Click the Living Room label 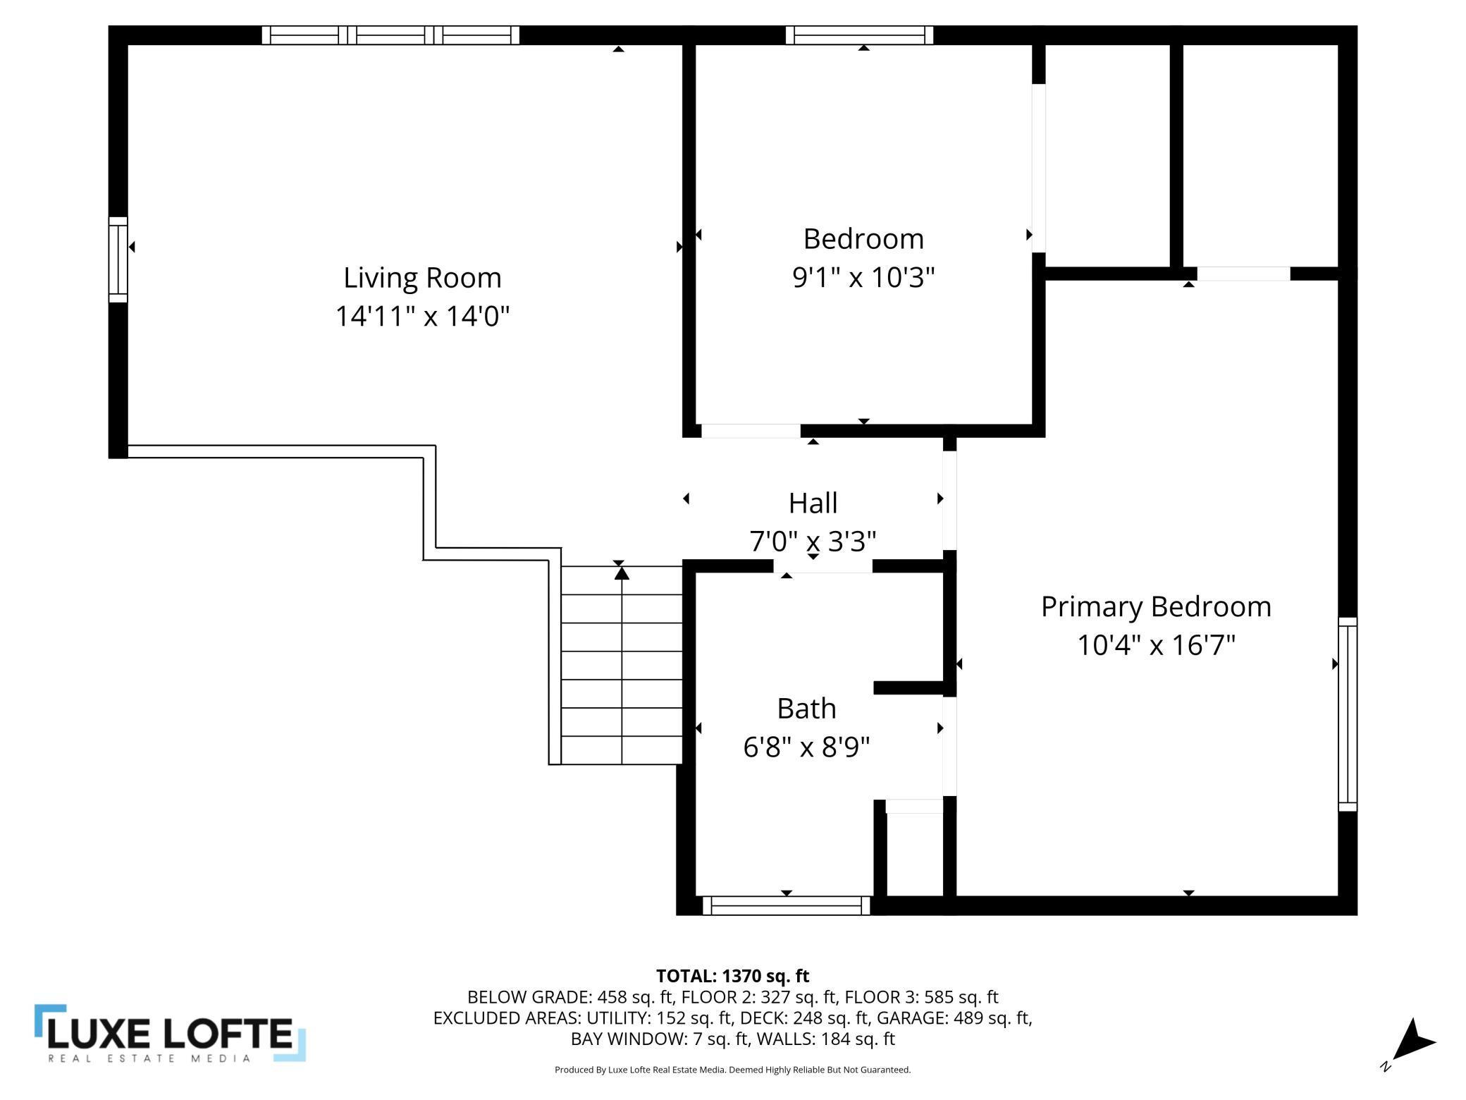[x=422, y=277]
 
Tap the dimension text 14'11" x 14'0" [x=422, y=315]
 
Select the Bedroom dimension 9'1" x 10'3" [x=863, y=276]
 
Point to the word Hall [x=813, y=503]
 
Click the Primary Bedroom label [x=1156, y=606]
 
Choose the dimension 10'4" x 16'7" [x=1156, y=644]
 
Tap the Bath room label [x=806, y=708]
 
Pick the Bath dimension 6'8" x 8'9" [x=806, y=746]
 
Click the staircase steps [x=622, y=665]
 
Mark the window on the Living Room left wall [x=118, y=259]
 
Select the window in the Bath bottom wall [x=787, y=905]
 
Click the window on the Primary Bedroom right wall [x=1348, y=714]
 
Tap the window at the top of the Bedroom [x=859, y=35]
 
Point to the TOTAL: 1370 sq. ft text [x=732, y=976]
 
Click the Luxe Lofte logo [x=170, y=1033]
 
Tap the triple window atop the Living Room [x=390, y=35]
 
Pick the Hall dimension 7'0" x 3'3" [x=813, y=541]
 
